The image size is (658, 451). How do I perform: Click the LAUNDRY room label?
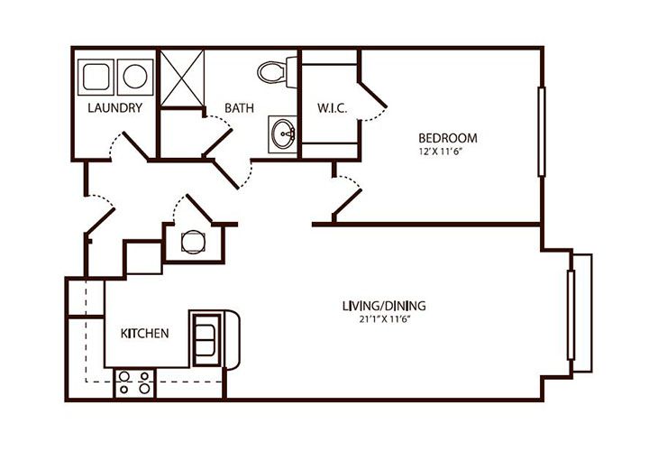115,108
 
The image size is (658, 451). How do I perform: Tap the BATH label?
239,108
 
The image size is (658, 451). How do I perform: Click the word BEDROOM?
447,138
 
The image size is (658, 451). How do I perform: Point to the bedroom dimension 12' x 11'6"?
447,152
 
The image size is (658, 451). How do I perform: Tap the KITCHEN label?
145,334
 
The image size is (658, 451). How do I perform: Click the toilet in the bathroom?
274,69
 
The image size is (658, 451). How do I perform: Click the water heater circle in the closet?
192,242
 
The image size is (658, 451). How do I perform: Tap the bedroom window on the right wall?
540,132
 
